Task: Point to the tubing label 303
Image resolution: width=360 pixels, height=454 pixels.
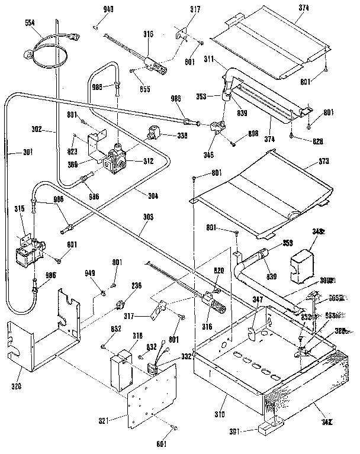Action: [147, 218]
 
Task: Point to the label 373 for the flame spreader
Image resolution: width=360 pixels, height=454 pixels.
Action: [340, 162]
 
